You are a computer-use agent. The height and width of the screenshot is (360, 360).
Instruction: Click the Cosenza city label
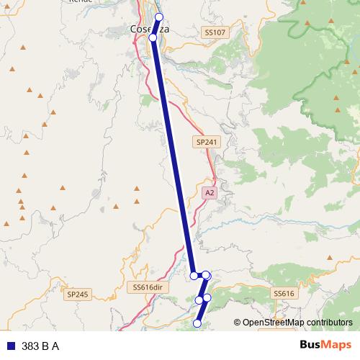pos(138,30)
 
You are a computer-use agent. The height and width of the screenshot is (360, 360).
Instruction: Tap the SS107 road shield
pos(215,33)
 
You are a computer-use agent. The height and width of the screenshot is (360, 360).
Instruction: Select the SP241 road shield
pos(207,143)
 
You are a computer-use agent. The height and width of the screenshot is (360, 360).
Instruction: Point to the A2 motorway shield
pos(209,193)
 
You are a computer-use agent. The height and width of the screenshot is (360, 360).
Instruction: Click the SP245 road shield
pos(77,294)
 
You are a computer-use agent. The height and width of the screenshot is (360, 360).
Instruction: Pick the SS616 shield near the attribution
pos(284,294)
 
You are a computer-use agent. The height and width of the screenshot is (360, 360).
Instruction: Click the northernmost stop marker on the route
pos(159,17)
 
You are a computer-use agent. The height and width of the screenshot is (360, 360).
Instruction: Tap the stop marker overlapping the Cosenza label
pos(153,37)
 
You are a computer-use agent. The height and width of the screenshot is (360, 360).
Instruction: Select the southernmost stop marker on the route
pos(197,324)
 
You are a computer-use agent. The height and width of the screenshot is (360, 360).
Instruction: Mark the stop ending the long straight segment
pos(194,275)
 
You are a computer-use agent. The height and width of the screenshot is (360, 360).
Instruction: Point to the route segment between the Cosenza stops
pos(156,27)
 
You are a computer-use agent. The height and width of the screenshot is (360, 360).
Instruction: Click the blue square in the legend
pos(11,346)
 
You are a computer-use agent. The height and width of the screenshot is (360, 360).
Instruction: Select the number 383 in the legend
pos(30,346)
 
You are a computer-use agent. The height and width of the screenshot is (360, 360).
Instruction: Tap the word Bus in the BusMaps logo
pos(311,346)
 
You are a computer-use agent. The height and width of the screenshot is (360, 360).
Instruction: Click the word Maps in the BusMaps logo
pos(336,346)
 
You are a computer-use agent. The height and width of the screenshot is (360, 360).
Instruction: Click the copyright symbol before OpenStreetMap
pos(238,323)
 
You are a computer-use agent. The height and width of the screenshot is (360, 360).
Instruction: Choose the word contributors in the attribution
pos(328,323)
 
